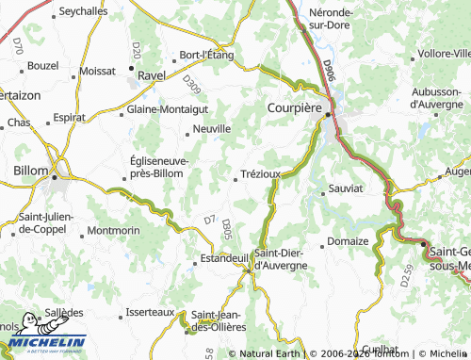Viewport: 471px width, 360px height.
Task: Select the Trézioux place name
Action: point(261,174)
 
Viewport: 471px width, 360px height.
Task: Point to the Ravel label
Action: point(151,73)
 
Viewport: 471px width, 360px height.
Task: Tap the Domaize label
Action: point(349,241)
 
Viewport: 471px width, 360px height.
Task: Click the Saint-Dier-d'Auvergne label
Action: point(281,259)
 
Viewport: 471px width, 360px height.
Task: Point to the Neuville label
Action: point(212,128)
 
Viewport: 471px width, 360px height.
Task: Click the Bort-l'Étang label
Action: point(200,54)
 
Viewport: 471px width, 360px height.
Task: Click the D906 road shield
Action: point(327,68)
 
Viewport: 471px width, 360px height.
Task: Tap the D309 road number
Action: point(192,87)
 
